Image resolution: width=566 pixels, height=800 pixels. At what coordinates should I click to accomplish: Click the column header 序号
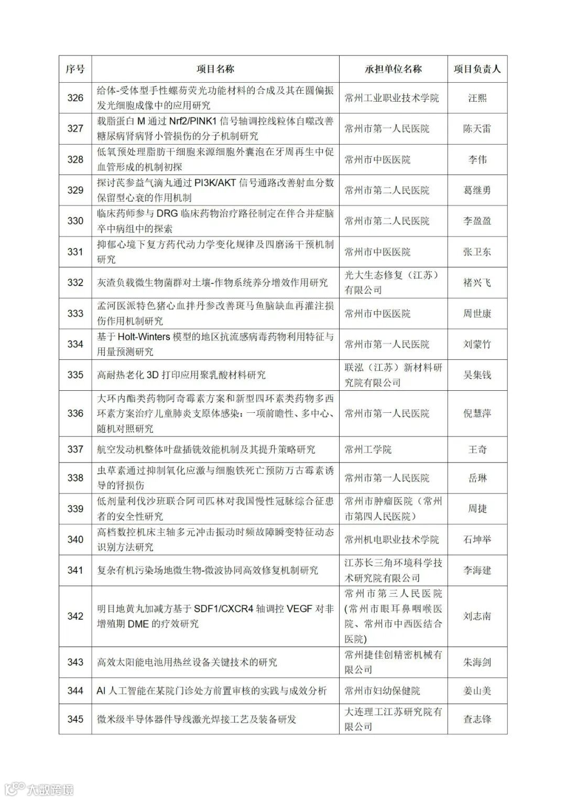pos(75,69)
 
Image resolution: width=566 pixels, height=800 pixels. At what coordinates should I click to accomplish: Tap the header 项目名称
pos(215,69)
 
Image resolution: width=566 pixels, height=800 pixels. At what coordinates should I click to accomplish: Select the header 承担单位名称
pos(393,69)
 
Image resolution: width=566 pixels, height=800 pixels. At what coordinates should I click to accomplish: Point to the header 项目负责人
pos(477,69)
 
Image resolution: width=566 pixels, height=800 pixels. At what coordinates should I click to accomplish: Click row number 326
pos(75,98)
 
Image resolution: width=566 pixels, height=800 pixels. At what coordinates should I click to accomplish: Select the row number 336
pos(75,413)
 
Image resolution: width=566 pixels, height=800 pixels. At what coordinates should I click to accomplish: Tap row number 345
pos(75,719)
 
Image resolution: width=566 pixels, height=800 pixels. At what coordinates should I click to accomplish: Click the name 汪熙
pos(477,98)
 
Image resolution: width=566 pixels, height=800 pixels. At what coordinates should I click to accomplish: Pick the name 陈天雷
pos(477,129)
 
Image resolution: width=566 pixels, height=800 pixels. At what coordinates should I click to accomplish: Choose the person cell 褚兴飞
pos(477,283)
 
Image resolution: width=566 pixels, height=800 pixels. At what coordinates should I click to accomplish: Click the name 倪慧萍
pos(477,413)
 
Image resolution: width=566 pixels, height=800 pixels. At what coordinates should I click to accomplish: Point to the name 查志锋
pos(477,719)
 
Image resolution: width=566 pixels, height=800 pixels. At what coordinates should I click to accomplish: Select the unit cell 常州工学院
pos(368,450)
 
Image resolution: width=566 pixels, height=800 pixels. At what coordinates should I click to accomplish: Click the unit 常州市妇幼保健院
pos(382,691)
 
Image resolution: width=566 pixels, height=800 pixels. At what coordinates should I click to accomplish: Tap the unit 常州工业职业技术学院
pos(391,98)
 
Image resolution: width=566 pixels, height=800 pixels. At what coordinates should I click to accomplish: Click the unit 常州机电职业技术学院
pos(391,540)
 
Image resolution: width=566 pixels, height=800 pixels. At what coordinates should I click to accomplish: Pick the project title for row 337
pos(206,450)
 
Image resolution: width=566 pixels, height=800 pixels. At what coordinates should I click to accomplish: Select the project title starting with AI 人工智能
pos(212,691)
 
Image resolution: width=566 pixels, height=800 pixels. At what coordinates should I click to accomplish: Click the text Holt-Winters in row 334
pos(144,337)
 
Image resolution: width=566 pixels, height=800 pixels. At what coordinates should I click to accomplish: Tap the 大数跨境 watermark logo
pos(39,788)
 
